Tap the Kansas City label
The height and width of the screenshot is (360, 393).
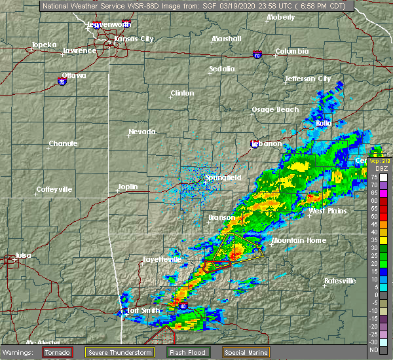click(133, 39)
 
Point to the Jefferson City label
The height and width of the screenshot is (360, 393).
click(307, 79)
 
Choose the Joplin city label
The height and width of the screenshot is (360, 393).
click(128, 187)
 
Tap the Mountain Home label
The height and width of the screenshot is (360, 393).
click(299, 240)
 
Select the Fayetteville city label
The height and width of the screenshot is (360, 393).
click(162, 260)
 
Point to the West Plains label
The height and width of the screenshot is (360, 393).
click(327, 211)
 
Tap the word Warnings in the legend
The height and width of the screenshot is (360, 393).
click(20, 352)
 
